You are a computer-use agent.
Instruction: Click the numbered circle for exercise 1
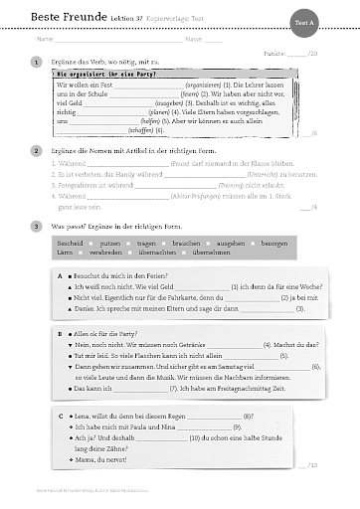tap(35, 63)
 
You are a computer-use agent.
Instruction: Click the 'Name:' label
tap(42, 40)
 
